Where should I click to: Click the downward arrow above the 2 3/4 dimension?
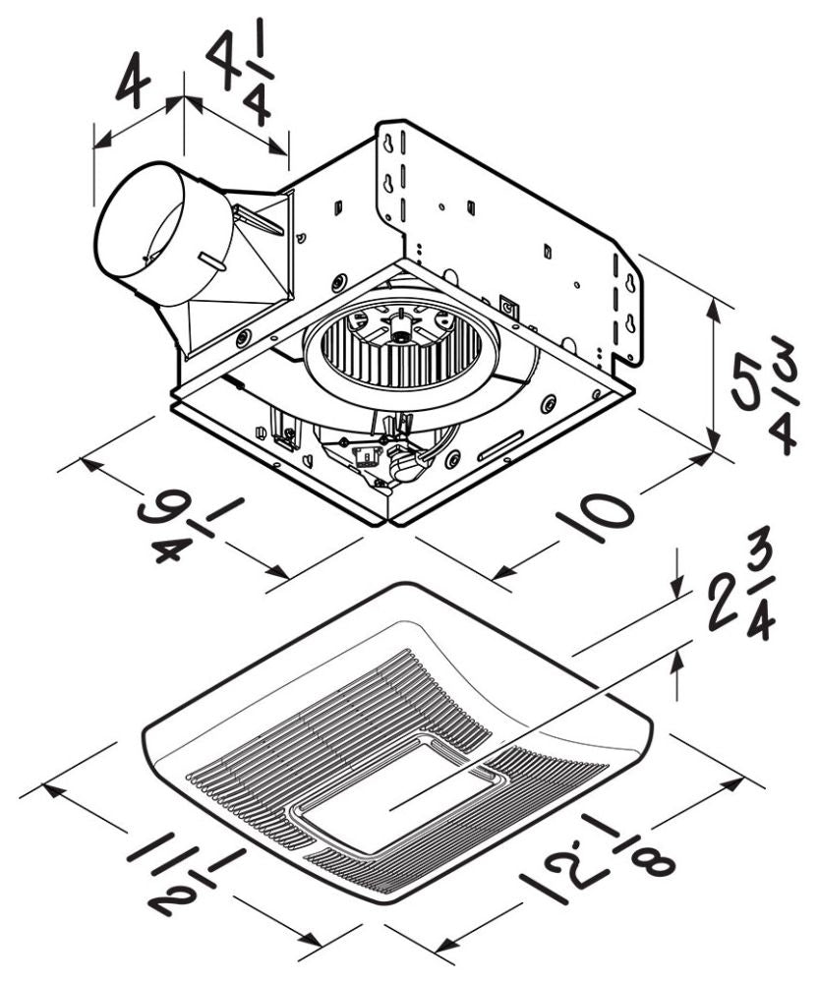[x=677, y=586]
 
